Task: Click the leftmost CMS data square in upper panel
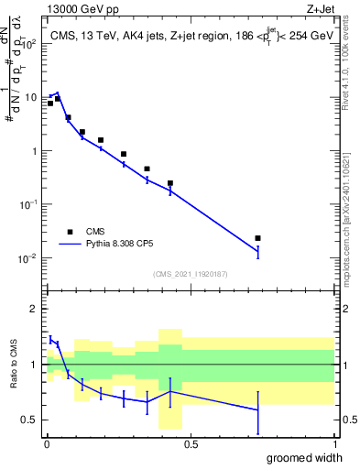[x=50, y=104]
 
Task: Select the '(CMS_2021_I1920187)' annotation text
[x=190, y=274]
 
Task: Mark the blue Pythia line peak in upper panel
[x=58, y=93]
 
